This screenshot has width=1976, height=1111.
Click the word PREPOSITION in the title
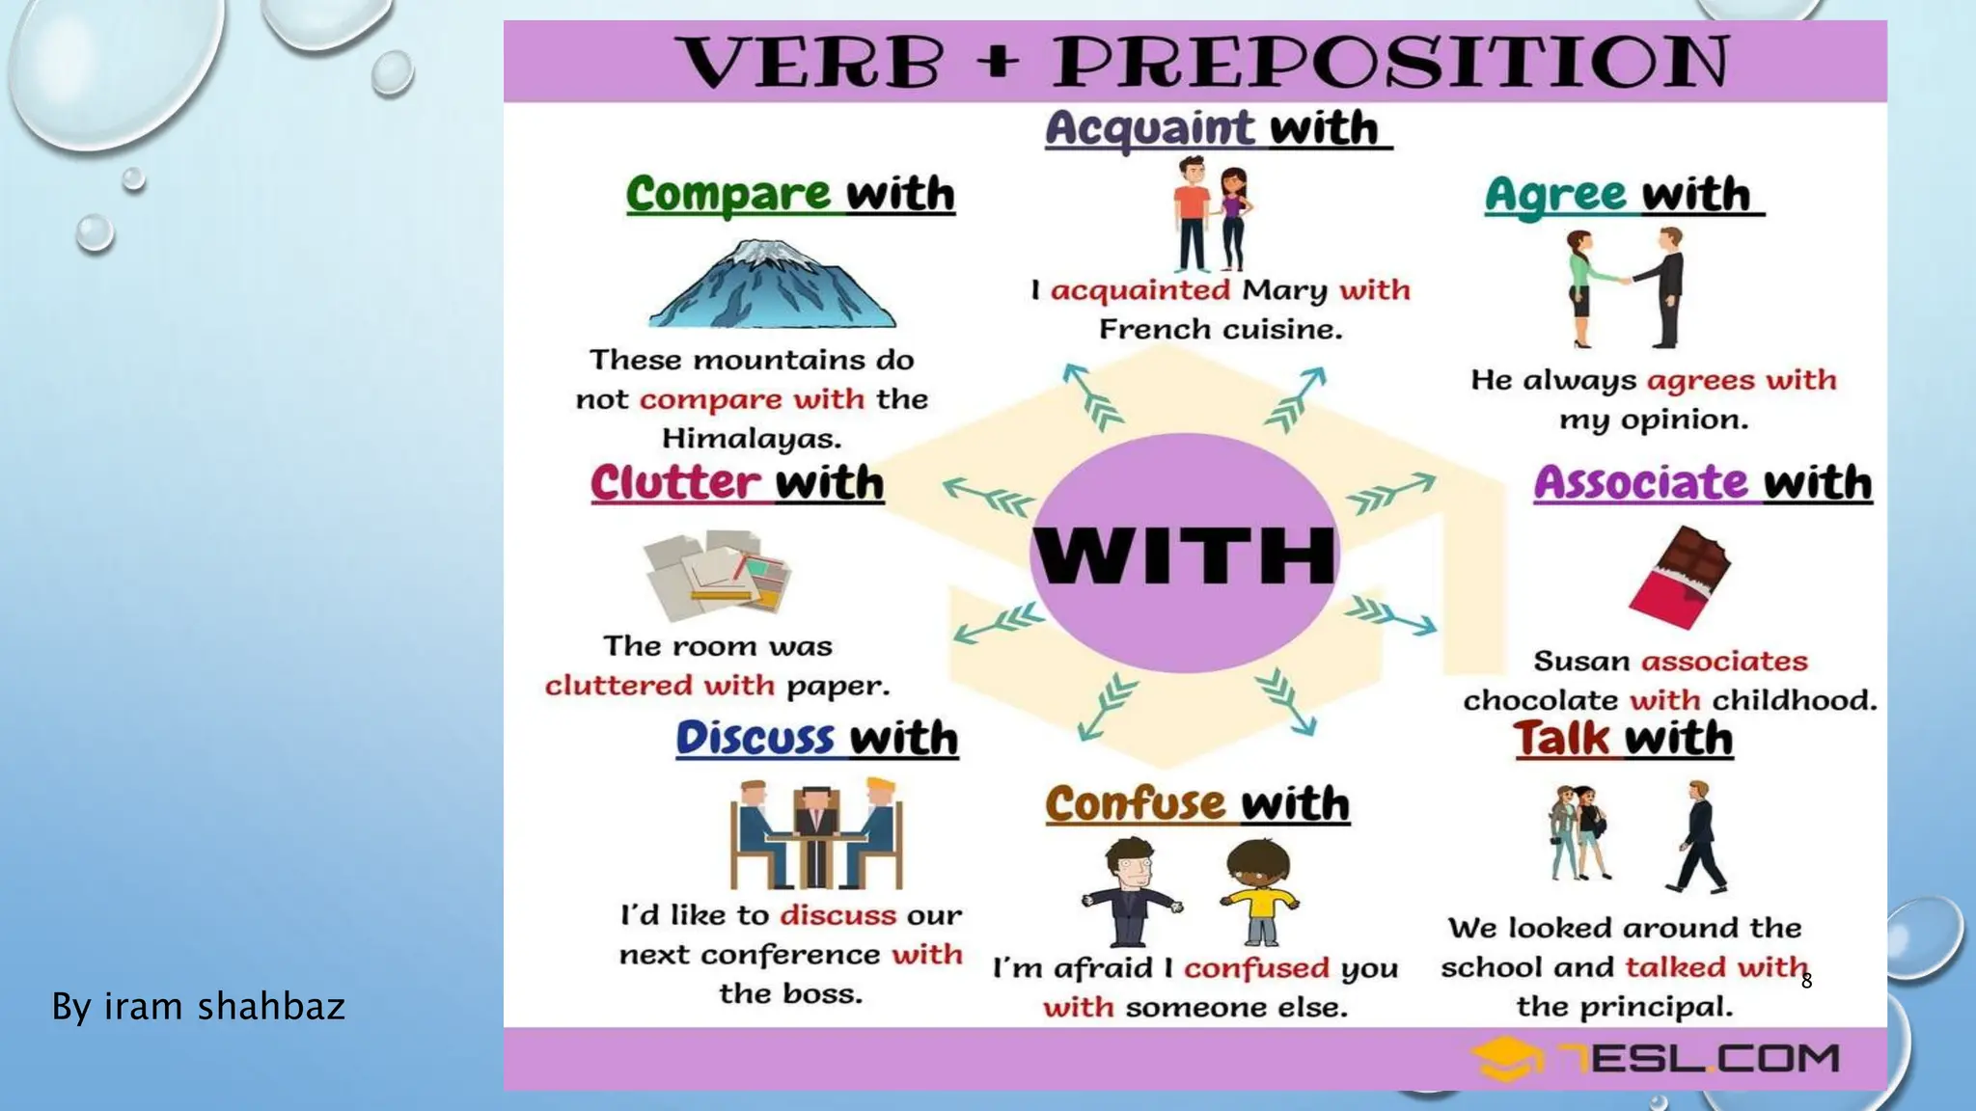[1390, 62]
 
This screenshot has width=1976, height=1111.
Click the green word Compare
[727, 194]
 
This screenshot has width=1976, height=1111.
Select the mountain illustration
[773, 284]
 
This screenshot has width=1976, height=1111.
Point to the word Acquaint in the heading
[1149, 129]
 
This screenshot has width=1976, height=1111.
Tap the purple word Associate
[1641, 482]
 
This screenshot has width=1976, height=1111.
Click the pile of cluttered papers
[716, 575]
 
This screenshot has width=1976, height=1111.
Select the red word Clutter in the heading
[675, 482]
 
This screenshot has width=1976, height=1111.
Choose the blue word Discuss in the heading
[755, 739]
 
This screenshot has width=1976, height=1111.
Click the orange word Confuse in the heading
[1135, 804]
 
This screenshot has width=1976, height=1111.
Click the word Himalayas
[752, 439]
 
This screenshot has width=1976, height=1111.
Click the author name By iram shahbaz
[198, 1006]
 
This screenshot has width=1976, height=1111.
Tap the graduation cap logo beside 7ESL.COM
[1503, 1059]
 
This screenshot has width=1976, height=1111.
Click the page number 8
[1806, 982]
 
